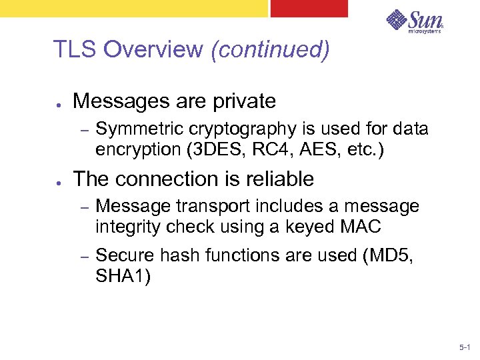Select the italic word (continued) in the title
269,50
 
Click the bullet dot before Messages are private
59,103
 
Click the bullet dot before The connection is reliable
59,181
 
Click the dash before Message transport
84,207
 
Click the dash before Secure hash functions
84,256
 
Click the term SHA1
123,275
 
